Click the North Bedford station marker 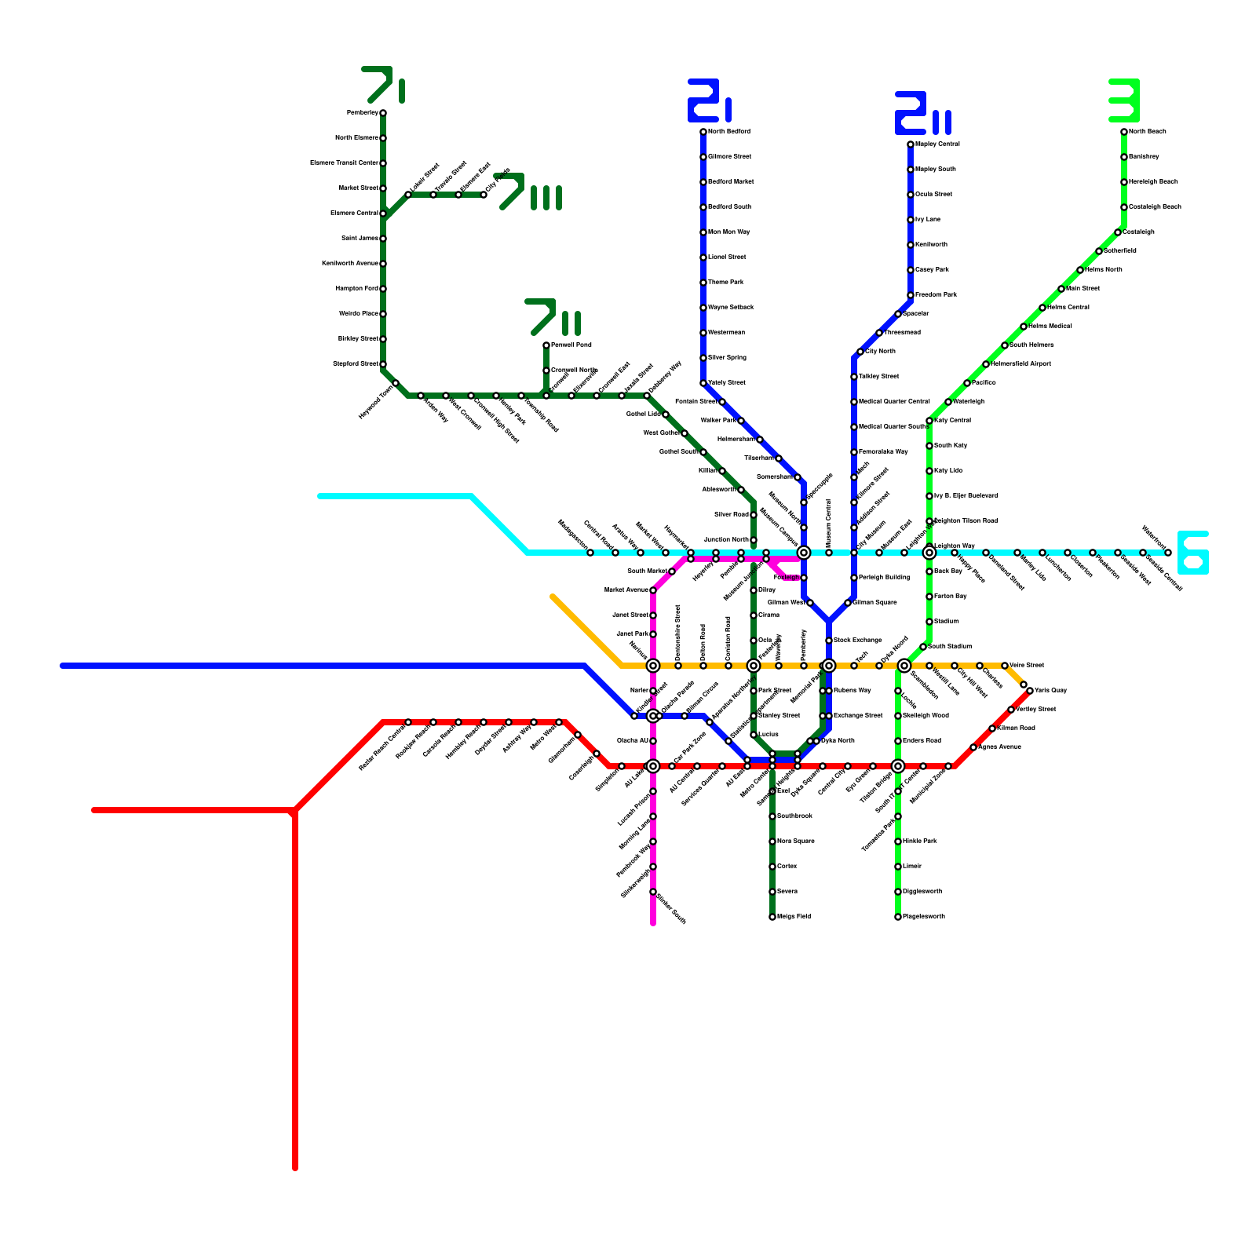(x=703, y=132)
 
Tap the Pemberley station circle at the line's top (x=383, y=113)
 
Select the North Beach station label (x=1148, y=132)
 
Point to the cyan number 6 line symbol (x=1192, y=553)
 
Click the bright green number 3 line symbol (x=1124, y=100)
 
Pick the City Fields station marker (x=484, y=195)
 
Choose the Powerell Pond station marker (x=546, y=345)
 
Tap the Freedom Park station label (x=936, y=295)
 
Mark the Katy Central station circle (x=929, y=421)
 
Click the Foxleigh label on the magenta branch (x=787, y=578)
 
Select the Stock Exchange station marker (x=829, y=641)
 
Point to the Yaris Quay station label (x=1050, y=691)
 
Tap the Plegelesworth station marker (x=898, y=917)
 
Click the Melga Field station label (x=794, y=917)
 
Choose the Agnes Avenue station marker (x=973, y=747)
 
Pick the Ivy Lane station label (x=928, y=220)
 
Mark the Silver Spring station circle (x=703, y=358)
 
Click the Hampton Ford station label (x=357, y=289)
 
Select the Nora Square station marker (x=772, y=842)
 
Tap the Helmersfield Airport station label (x=1020, y=364)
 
